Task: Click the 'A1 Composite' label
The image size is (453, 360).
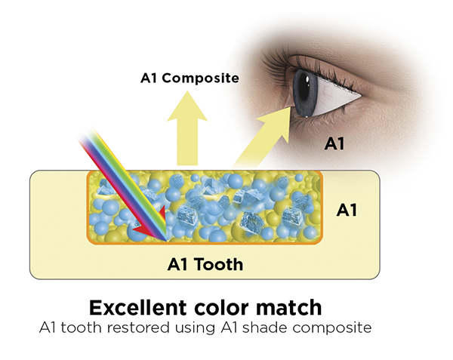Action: coord(190,78)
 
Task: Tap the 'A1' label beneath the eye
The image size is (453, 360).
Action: coord(334,143)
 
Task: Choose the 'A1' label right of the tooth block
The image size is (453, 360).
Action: coord(346,211)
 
